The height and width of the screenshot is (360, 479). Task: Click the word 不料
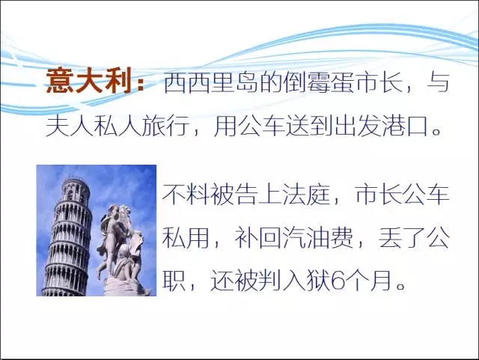click(x=186, y=195)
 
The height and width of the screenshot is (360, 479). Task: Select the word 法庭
click(x=306, y=195)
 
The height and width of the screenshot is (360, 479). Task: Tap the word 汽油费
click(x=318, y=237)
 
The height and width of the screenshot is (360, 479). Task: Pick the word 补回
click(x=258, y=237)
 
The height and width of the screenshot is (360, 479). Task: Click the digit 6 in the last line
click(x=338, y=281)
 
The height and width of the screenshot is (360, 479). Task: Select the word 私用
click(x=186, y=237)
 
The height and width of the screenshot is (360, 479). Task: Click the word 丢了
click(x=403, y=237)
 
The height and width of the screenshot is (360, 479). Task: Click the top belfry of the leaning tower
click(x=75, y=189)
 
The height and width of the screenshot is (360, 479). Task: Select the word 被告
click(x=234, y=195)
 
